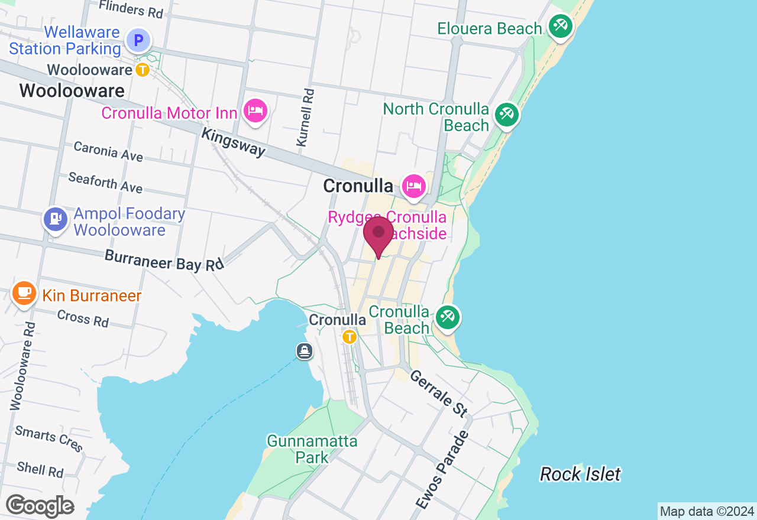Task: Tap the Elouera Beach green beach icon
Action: point(559,25)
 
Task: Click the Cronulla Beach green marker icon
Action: point(447,318)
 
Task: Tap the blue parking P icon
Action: point(138,41)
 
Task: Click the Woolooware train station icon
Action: point(143,70)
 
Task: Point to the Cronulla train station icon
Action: point(350,337)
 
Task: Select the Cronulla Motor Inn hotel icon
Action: point(255,110)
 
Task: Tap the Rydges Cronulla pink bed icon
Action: point(413,186)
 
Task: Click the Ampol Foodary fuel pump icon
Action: point(56,219)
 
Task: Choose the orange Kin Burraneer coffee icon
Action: point(24,293)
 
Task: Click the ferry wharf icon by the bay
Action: point(305,352)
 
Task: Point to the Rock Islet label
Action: point(580,474)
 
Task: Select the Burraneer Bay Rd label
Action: point(164,260)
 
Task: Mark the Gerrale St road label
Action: point(439,393)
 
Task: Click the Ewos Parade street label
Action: point(441,470)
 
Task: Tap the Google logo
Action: point(40,506)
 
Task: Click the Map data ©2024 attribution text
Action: point(707,511)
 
